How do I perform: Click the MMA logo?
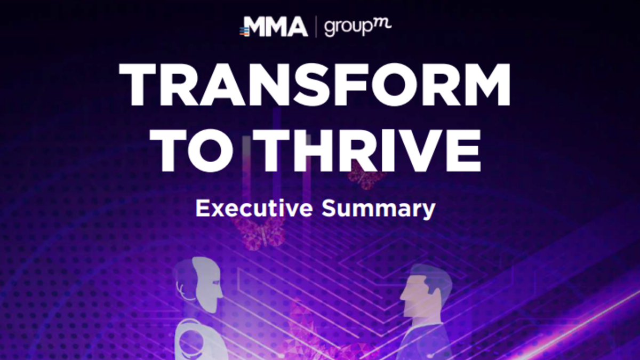coord(274,27)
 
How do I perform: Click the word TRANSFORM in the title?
coord(315,85)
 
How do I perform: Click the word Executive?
coord(254,209)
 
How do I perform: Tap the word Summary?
coord(378,210)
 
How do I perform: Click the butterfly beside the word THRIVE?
coord(365,175)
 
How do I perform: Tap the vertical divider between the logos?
coord(316,27)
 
